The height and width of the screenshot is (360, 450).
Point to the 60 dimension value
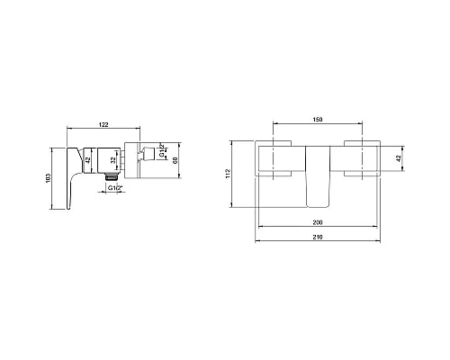point(175,158)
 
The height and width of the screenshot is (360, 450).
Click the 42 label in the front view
point(400,157)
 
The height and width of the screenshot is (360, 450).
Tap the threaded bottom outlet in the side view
point(112,180)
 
